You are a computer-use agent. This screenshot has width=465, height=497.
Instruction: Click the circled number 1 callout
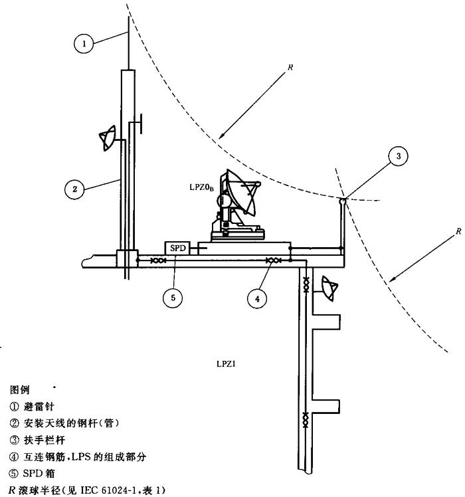click(x=83, y=44)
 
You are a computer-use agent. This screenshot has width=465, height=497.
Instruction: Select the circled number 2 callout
click(x=75, y=189)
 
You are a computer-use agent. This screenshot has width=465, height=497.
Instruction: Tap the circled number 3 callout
click(x=398, y=157)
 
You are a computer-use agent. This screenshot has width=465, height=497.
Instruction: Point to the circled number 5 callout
click(x=173, y=298)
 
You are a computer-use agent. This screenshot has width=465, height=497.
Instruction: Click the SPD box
click(x=176, y=248)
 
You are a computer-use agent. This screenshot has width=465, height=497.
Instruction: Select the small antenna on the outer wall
click(x=329, y=286)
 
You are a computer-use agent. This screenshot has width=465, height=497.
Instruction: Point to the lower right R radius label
click(x=458, y=231)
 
